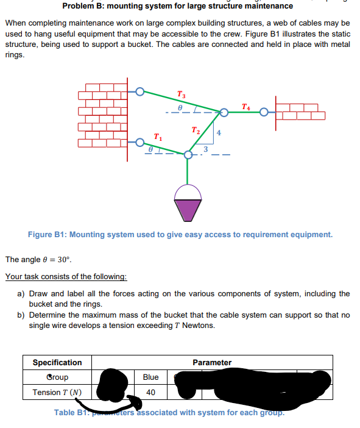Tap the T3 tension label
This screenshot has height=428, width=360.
click(x=181, y=95)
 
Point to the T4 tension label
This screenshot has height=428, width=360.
click(x=245, y=107)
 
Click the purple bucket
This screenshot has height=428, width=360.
click(x=188, y=202)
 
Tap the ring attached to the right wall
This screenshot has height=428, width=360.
click(x=264, y=113)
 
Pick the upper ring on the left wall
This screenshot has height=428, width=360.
click(x=140, y=92)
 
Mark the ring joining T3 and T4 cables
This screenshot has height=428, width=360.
click(x=224, y=113)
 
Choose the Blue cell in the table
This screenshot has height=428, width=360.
click(x=150, y=377)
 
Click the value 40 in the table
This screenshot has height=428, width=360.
click(x=150, y=392)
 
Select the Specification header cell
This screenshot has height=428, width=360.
click(x=57, y=363)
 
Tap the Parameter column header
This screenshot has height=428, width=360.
click(x=211, y=363)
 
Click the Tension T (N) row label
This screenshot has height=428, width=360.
click(x=57, y=392)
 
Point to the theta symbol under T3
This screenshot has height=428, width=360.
click(x=180, y=107)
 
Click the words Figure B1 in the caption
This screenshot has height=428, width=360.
click(x=46, y=235)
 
